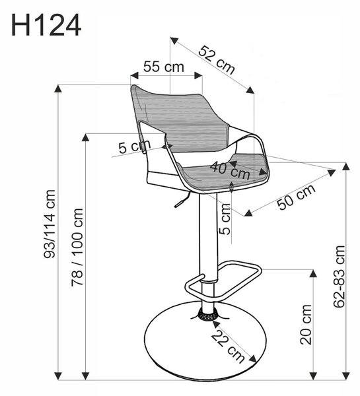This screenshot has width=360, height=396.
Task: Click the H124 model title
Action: click(x=46, y=25)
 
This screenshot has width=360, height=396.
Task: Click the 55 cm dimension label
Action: click(x=164, y=67)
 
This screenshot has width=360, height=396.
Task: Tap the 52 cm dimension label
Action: click(x=217, y=60)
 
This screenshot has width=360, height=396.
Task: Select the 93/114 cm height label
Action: click(x=50, y=224)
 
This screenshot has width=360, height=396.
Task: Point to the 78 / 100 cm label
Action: click(x=77, y=247)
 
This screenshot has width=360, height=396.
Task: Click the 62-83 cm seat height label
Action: click(x=340, y=276)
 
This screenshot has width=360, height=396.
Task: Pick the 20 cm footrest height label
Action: click(x=306, y=325)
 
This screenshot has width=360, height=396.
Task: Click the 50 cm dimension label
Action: click(x=297, y=197)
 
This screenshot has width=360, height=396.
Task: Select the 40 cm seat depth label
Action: click(x=230, y=170)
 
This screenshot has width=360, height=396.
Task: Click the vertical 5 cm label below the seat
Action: click(x=225, y=218)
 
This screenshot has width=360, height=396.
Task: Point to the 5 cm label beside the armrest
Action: click(x=135, y=147)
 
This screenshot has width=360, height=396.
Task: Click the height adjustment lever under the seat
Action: click(x=182, y=200)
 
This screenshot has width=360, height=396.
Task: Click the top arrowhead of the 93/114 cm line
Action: click(x=58, y=89)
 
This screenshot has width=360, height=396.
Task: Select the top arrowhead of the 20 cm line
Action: click(x=314, y=273)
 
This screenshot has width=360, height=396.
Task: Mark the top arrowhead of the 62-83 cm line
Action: click(x=346, y=166)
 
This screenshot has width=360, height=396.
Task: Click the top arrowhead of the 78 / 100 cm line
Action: click(x=86, y=137)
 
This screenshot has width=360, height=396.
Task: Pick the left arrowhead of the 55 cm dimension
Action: click(x=135, y=75)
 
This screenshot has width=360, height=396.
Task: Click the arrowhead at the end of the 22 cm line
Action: click(x=253, y=358)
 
